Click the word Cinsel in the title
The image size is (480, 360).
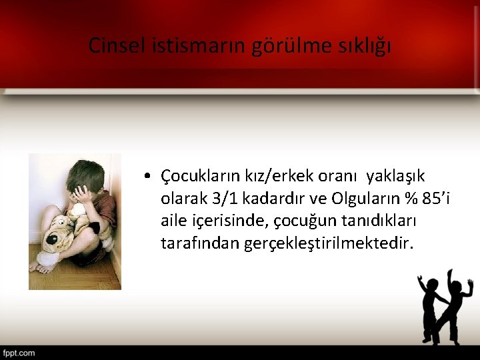(x=112, y=46)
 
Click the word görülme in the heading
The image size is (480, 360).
(x=289, y=46)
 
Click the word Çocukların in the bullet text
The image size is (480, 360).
(x=197, y=176)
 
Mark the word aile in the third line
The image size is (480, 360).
(x=173, y=221)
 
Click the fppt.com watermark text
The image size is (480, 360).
(x=18, y=353)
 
